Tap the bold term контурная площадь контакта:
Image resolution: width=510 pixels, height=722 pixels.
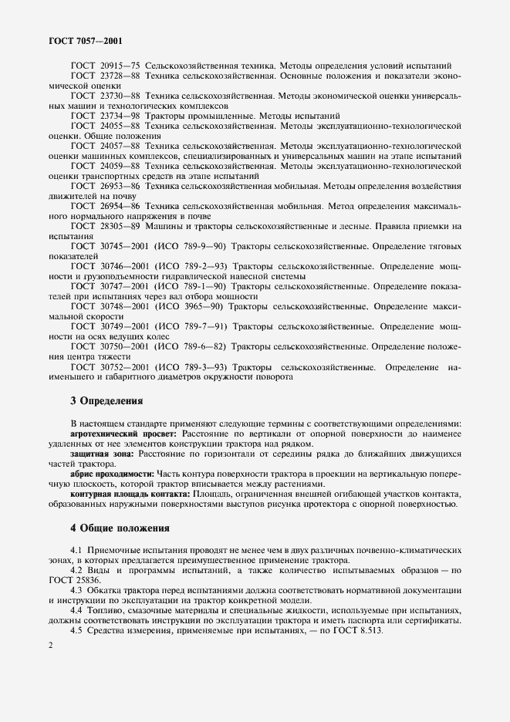(130, 493)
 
